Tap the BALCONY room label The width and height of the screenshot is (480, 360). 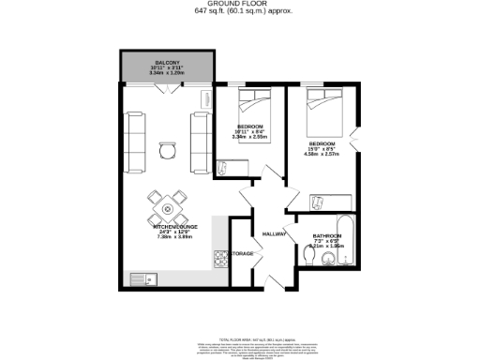168,62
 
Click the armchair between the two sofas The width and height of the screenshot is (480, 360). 167,149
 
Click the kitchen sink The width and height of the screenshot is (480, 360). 144,277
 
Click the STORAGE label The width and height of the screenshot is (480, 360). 242,254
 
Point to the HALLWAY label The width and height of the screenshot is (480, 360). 274,233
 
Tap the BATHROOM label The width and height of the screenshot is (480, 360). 326,236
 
